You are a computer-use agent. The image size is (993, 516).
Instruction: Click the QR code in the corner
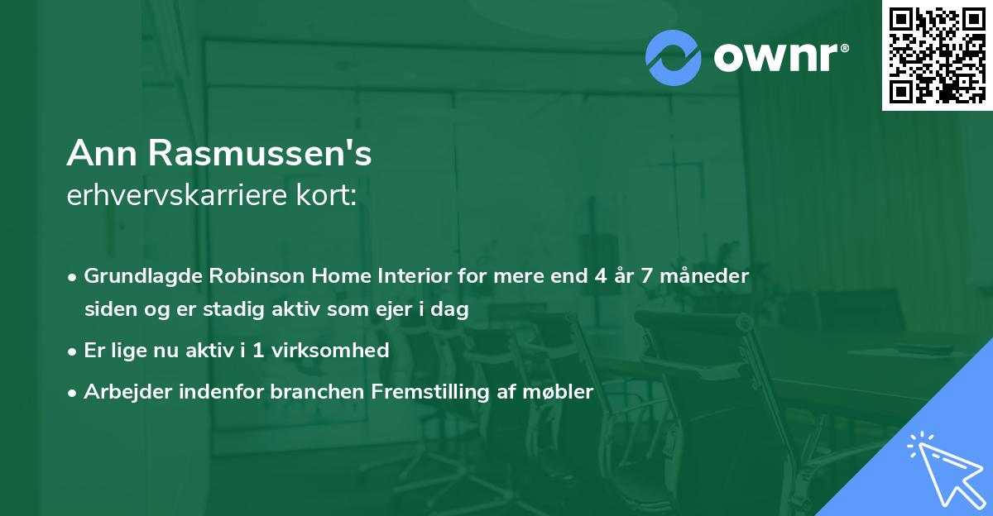click(937, 55)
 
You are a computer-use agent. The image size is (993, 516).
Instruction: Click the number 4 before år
click(600, 275)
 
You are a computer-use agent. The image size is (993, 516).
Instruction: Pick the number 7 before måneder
click(653, 275)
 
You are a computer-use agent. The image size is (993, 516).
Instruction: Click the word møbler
click(564, 392)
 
